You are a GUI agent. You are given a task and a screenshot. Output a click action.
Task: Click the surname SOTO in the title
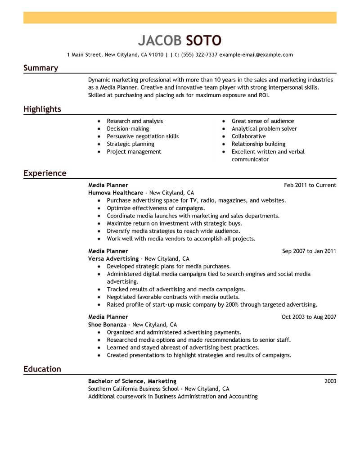tap(203, 41)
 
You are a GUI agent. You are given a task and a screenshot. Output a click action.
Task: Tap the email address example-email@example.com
tap(256, 55)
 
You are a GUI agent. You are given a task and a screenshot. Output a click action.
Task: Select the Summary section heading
tap(40, 68)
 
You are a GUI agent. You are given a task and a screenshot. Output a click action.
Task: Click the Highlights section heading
tap(42, 109)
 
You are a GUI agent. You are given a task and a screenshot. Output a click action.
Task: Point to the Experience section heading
tap(45, 173)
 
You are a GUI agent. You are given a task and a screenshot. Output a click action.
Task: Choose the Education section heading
tap(42, 369)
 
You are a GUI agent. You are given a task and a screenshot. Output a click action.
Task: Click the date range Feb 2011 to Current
tap(310, 185)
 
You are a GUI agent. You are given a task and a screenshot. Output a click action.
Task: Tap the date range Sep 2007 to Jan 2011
tap(309, 251)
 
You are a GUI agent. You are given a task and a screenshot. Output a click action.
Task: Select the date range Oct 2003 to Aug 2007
tap(309, 317)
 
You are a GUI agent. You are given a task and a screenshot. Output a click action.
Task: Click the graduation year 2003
tap(330, 381)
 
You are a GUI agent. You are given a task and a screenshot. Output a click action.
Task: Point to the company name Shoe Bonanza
tap(107, 325)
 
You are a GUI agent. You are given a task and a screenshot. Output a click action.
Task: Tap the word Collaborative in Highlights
tap(248, 136)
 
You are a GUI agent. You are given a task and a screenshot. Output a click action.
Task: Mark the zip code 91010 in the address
tap(156, 55)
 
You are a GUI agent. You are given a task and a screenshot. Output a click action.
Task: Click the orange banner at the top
tap(180, 18)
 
